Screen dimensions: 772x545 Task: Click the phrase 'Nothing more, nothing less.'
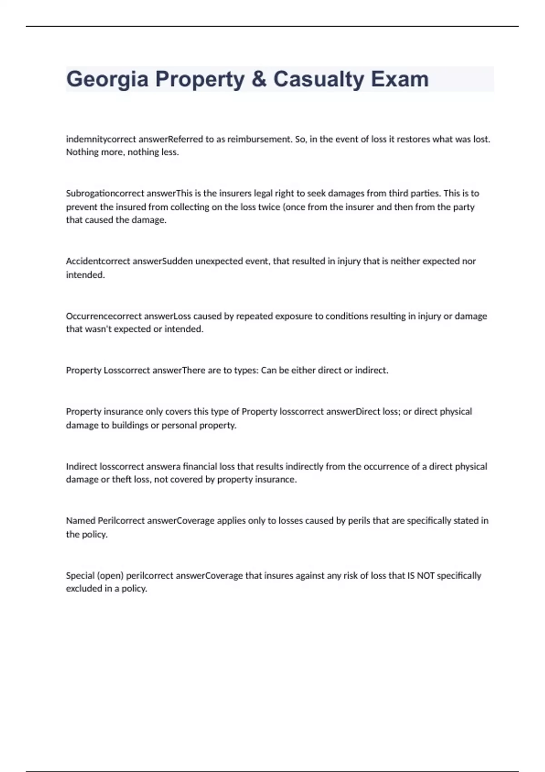123,152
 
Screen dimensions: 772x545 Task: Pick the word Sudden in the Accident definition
178,262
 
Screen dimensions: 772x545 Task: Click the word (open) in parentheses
110,576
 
